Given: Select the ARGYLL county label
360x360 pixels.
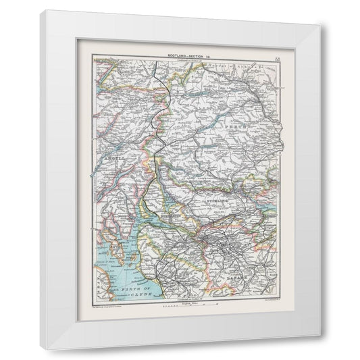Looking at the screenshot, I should (113, 160).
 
